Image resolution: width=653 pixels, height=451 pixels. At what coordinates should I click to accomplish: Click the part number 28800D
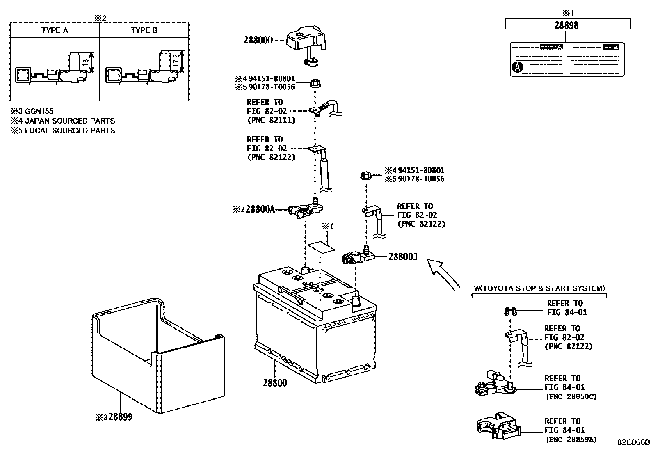[258, 41]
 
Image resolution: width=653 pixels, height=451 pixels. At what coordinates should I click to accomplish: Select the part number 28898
[566, 25]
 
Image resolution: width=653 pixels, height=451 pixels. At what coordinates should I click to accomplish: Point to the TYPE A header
[55, 30]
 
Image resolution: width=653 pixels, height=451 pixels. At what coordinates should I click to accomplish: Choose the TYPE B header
[144, 30]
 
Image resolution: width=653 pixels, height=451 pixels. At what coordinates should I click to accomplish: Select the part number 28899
[120, 417]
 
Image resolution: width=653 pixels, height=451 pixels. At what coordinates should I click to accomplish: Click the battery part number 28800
[275, 383]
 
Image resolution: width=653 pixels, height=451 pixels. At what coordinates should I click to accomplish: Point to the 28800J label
[403, 257]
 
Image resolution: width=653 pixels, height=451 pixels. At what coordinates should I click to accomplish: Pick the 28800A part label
[260, 209]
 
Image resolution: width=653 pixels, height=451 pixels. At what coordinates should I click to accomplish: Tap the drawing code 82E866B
[634, 442]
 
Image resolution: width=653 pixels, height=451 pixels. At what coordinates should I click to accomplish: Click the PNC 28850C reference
[571, 396]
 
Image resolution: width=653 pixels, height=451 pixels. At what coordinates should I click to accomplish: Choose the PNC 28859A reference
[571, 440]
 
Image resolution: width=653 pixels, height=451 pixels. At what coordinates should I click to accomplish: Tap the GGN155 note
[39, 111]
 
